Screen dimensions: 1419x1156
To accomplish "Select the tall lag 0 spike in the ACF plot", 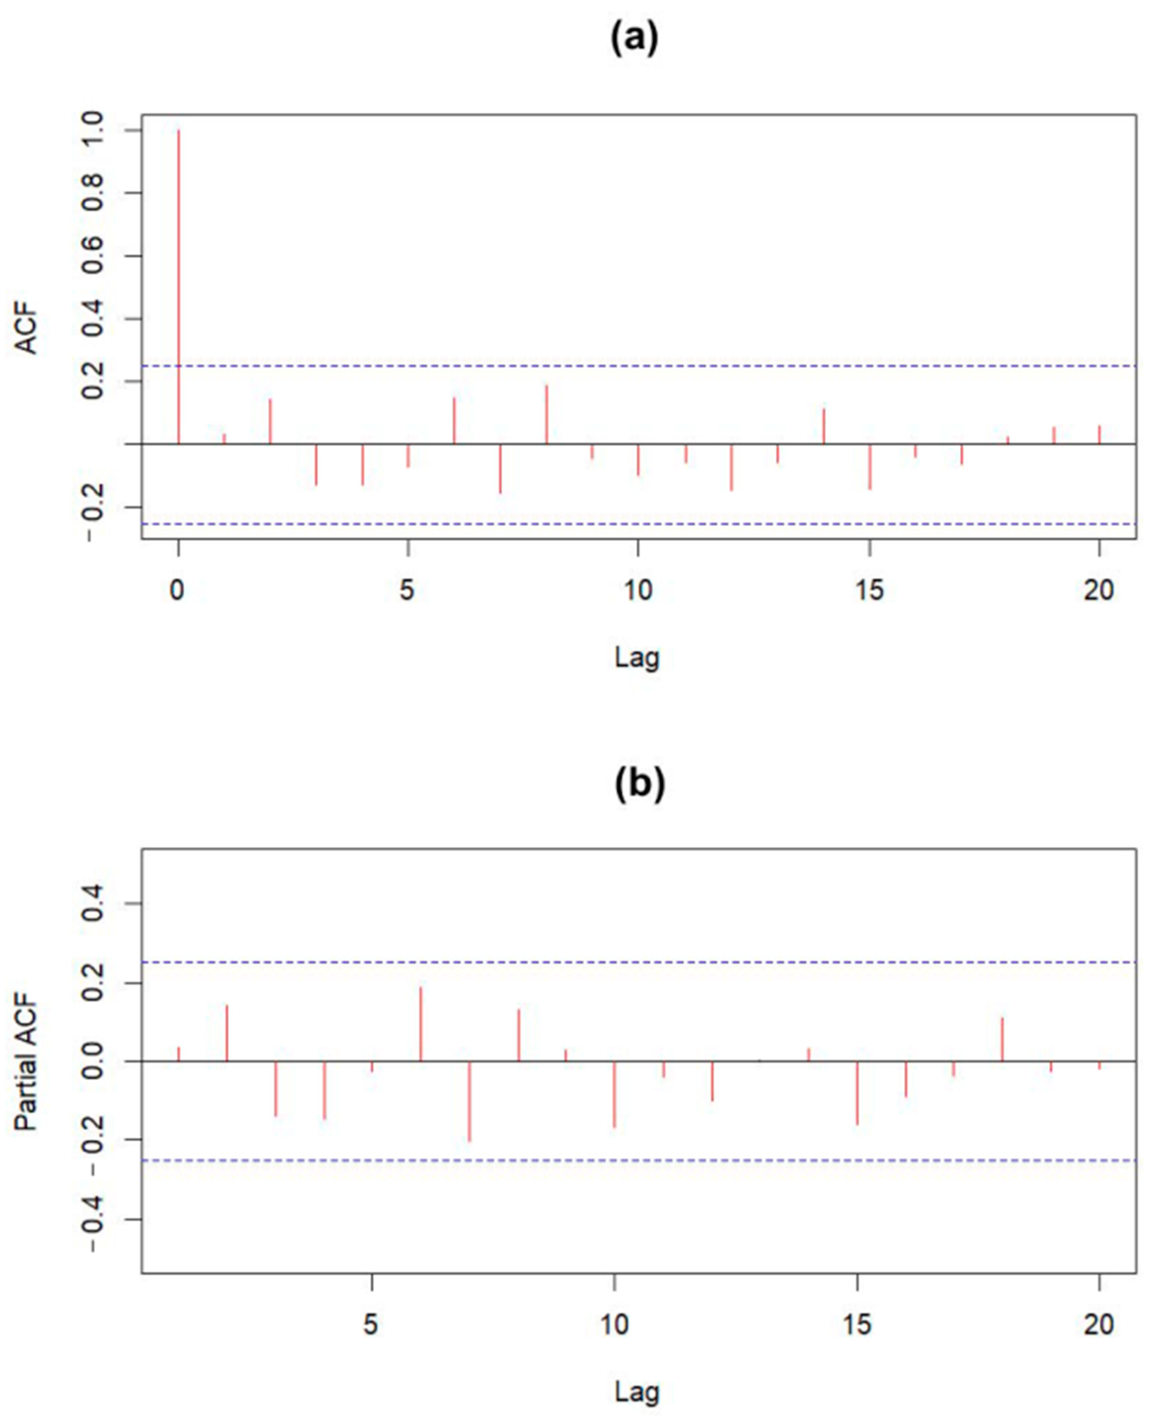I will click(x=178, y=286).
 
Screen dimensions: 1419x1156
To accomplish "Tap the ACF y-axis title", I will click(x=27, y=331).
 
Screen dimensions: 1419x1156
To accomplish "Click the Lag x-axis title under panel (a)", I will click(x=637, y=658).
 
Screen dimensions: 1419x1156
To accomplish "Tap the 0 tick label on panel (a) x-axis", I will click(x=177, y=590).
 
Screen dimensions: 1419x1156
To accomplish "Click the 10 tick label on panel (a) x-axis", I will click(x=637, y=590).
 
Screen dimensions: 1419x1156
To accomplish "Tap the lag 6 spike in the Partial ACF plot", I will click(x=421, y=1024).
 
